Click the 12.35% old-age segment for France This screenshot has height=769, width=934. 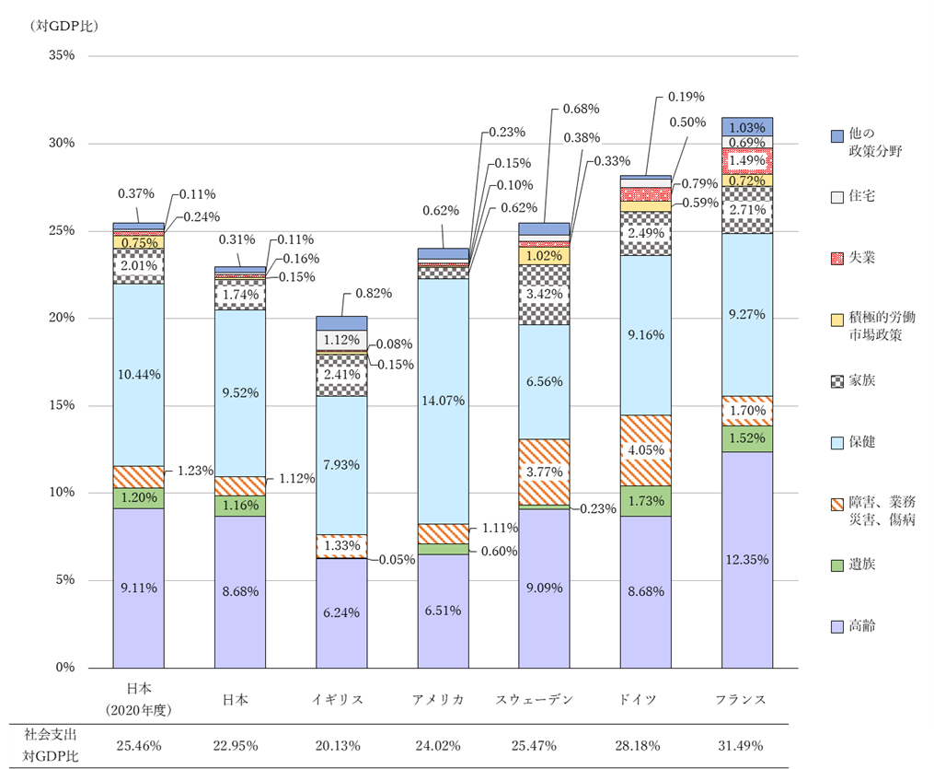pos(746,559)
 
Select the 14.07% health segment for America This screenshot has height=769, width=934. pos(443,401)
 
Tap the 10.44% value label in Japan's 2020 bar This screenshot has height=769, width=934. pos(139,374)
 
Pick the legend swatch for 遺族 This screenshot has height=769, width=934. pos(836,565)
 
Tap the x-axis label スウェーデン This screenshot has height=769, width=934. pos(544,699)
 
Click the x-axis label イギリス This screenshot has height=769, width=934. pos(341,699)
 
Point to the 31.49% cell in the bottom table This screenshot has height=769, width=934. pos(746,745)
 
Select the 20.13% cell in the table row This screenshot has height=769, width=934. pos(341,745)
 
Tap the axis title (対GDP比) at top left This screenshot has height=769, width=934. pos(64,25)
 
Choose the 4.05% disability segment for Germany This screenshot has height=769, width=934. pos(645,450)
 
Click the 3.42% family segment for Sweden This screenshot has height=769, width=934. pos(544,295)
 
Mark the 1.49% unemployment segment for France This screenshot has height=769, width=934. pos(746,161)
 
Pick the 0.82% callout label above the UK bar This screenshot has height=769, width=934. pos(373,294)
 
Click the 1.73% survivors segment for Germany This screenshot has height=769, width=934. pos(645,501)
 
